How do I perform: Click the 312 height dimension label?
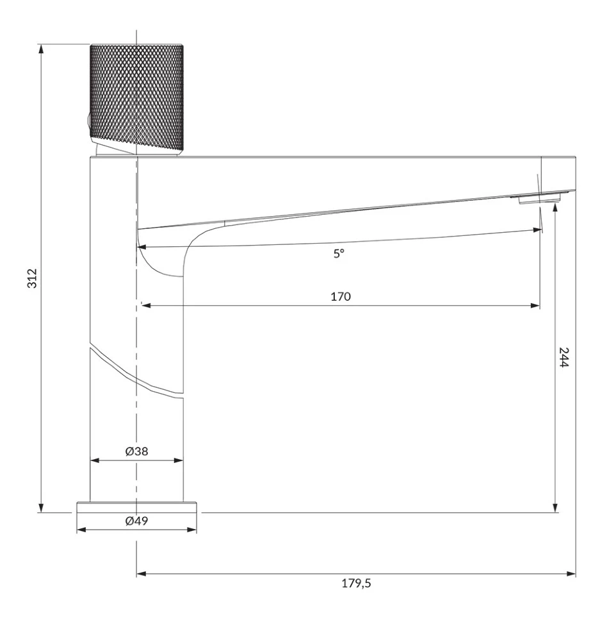tap(32, 278)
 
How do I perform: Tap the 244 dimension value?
tap(563, 357)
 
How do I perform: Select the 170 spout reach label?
tap(341, 296)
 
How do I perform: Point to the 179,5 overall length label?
tap(356, 583)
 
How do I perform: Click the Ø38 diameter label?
tap(136, 451)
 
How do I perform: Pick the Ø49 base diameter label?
tap(136, 521)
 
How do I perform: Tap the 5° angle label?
tap(339, 253)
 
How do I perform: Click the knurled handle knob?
tap(136, 98)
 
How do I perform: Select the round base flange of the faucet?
tap(136, 507)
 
